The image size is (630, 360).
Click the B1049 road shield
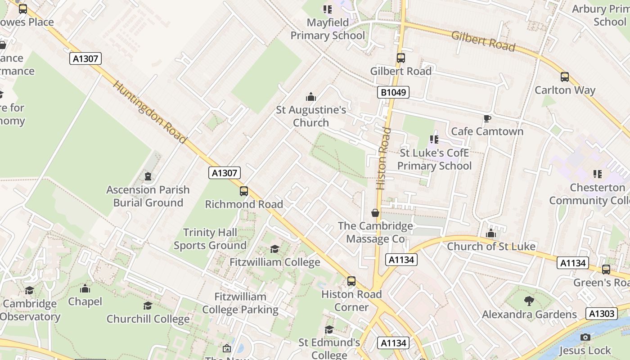click(x=393, y=93)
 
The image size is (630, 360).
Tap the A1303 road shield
click(x=601, y=314)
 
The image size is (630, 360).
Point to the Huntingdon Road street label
click(x=149, y=112)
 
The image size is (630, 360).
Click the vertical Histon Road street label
click(x=383, y=158)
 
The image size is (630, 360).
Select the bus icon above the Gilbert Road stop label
click(x=400, y=58)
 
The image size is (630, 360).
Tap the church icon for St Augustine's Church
click(x=310, y=97)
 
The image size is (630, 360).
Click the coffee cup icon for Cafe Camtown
click(x=487, y=118)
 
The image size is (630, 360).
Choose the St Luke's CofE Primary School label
click(x=434, y=159)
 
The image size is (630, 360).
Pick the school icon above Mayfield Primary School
click(x=327, y=9)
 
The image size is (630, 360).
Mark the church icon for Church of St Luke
click(x=491, y=234)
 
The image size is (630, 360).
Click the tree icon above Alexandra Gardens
click(x=529, y=301)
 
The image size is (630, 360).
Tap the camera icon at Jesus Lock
click(x=585, y=337)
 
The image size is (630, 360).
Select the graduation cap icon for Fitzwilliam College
click(x=274, y=249)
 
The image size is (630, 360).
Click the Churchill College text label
click(x=148, y=319)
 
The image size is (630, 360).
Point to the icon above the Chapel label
click(x=85, y=288)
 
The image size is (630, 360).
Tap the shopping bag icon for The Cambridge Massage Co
click(x=375, y=213)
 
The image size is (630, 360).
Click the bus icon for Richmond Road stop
click(x=244, y=191)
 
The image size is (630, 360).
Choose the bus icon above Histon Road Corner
click(x=351, y=281)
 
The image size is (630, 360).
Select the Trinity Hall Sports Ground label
click(x=210, y=239)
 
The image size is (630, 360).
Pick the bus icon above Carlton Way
click(x=565, y=77)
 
